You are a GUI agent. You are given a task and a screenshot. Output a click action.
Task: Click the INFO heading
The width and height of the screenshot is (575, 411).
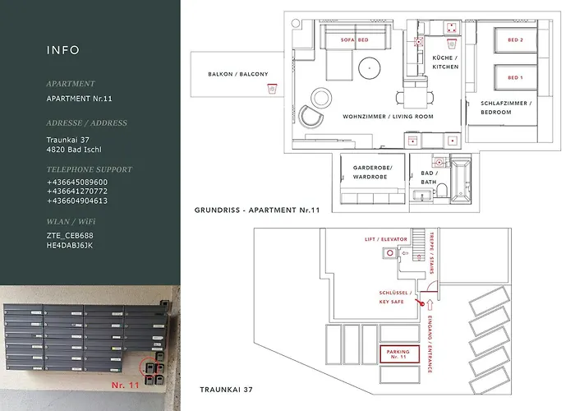63,50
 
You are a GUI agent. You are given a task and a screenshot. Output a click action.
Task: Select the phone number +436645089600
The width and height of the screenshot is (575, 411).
76,182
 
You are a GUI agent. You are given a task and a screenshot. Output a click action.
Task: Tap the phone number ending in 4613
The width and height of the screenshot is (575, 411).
76,201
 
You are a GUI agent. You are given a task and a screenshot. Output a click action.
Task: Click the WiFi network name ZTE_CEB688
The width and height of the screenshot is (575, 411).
70,236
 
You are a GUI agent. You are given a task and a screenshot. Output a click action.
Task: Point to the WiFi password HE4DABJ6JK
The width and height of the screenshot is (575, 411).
70,245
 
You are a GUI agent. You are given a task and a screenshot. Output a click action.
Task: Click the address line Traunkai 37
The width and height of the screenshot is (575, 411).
69,139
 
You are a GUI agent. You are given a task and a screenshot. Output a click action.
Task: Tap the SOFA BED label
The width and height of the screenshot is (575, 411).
353,39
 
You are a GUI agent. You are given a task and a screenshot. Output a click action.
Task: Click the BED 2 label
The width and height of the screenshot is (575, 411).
515,40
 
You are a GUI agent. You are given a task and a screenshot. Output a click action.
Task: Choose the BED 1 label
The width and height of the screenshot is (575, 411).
515,77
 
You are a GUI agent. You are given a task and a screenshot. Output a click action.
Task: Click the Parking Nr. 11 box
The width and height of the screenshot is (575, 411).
398,354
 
